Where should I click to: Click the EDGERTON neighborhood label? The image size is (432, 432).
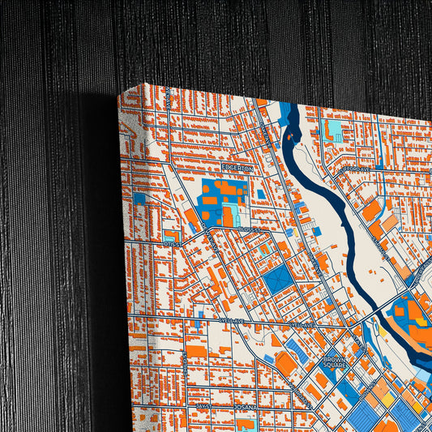[x=238, y=168]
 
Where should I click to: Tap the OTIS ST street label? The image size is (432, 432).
[x=172, y=242]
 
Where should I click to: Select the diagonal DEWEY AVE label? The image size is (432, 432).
[x=212, y=240]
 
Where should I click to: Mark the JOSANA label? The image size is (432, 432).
[x=244, y=406]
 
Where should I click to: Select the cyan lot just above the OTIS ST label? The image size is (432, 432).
[x=169, y=233]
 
